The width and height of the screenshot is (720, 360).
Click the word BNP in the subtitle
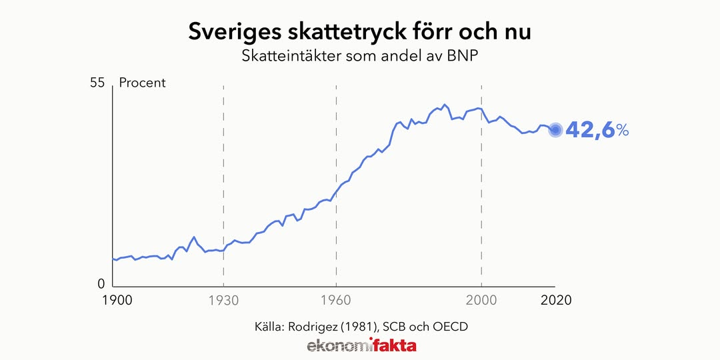point(465,56)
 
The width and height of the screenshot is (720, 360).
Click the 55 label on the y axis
point(97,83)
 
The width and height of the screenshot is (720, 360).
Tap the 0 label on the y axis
point(101,283)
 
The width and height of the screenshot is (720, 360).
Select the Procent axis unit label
point(142,83)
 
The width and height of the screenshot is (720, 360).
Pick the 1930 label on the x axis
point(223,300)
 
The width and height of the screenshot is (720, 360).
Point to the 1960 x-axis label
point(335,300)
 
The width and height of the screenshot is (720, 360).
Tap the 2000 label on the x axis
point(481,300)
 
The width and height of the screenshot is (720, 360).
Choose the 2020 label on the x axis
point(555,300)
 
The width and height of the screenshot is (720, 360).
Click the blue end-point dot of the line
point(555,130)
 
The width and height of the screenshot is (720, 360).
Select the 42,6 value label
point(589,130)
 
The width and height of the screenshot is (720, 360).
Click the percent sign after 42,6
point(622,131)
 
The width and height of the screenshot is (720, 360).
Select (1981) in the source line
point(360,327)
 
